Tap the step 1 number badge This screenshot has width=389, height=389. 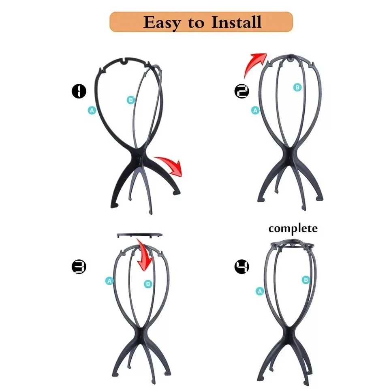coord(79,91)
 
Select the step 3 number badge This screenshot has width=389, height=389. coord(79,267)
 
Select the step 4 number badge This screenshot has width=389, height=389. coord(242,267)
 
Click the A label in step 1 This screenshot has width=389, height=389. coord(92,110)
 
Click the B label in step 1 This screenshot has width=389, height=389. coord(130,100)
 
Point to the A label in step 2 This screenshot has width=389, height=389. coord(255,110)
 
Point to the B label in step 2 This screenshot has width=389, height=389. coord(297,87)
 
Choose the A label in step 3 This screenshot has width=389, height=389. coord(109,281)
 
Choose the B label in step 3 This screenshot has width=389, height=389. coord(148,284)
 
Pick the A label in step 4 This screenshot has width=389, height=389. coord(260,290)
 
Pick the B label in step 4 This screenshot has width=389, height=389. coord(306,280)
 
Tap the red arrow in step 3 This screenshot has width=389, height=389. coord(144,255)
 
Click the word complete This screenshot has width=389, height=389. coord(293,229)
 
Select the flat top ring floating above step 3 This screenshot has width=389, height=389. coord(139,235)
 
